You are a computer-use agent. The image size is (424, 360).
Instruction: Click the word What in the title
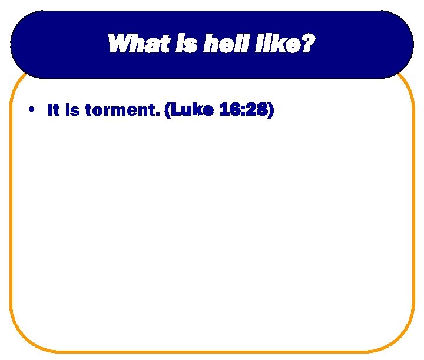tap(132, 44)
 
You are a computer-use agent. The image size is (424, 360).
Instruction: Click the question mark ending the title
tap(306, 44)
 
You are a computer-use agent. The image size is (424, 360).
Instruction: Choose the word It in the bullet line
tap(54, 110)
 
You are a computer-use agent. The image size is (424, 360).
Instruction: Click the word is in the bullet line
tap(72, 110)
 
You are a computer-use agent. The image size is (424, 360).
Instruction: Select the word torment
tap(121, 111)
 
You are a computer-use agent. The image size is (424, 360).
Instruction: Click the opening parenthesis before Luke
tap(168, 111)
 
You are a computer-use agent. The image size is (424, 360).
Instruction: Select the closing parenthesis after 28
tap(270, 111)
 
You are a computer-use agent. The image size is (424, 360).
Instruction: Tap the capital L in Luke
tap(176, 110)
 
